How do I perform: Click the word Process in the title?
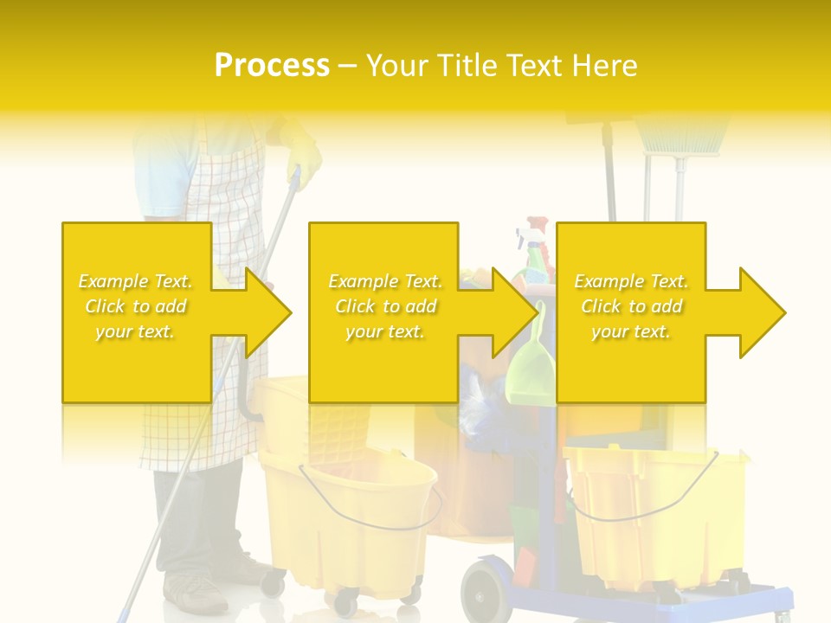coord(272,66)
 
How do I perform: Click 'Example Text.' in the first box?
coord(136,281)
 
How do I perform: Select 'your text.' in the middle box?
coord(384,331)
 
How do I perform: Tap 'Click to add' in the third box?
coord(631,306)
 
